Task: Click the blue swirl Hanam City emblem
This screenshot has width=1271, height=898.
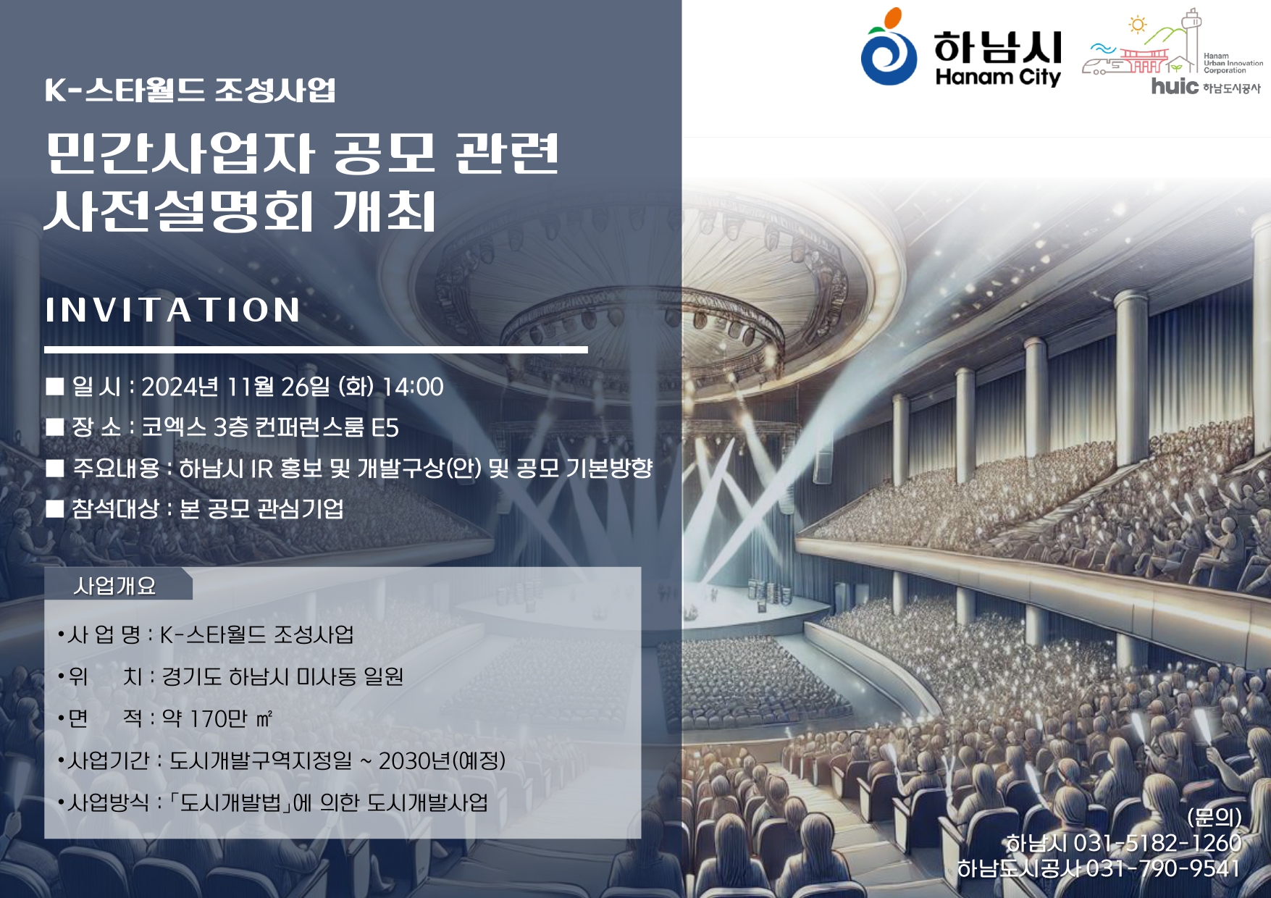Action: (889, 49)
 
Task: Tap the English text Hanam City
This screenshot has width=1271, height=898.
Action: (998, 77)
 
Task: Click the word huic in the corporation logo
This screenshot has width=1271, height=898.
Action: (1175, 85)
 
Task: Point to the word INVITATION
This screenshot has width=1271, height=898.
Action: (172, 310)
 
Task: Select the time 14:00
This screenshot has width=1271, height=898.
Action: (412, 387)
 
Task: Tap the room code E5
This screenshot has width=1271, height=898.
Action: (385, 428)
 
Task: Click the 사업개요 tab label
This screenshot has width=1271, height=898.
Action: (114, 585)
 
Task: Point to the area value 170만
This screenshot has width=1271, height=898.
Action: (219, 718)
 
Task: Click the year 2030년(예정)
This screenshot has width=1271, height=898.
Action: (442, 760)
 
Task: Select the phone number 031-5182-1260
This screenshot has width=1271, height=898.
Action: (1157, 843)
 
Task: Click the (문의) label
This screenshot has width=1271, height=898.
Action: (1215, 818)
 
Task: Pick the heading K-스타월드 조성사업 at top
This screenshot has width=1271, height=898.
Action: (190, 90)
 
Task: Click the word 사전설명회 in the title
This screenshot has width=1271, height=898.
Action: (178, 211)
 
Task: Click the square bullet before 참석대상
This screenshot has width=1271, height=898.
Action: (55, 508)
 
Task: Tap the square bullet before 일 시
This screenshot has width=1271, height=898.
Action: (55, 387)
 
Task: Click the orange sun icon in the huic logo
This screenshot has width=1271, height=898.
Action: (1138, 25)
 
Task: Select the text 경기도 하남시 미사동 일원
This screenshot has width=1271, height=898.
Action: (282, 676)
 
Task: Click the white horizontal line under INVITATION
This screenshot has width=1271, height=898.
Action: (316, 350)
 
